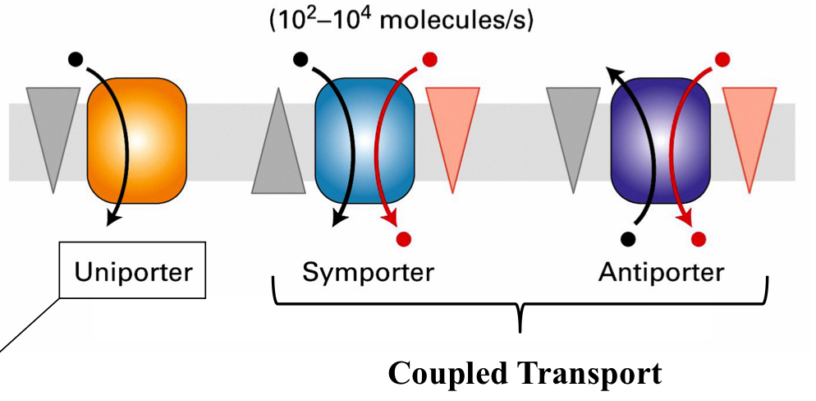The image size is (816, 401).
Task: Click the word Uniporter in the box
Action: pyautogui.click(x=133, y=272)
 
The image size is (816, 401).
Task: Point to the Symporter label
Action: pyautogui.click(x=368, y=272)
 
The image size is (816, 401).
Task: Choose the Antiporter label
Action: pyautogui.click(x=661, y=272)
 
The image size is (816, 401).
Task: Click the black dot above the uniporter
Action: pyautogui.click(x=76, y=59)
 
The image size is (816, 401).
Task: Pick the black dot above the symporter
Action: pyautogui.click(x=300, y=59)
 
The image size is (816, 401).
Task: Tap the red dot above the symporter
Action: pyautogui.click(x=429, y=59)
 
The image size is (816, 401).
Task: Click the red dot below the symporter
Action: pyautogui.click(x=404, y=238)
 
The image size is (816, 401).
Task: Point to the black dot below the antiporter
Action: pyautogui.click(x=629, y=238)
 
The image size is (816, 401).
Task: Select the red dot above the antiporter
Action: pyautogui.click(x=722, y=59)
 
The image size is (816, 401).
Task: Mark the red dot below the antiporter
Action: pyautogui.click(x=699, y=238)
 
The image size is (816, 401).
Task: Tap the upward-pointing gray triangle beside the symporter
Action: pyautogui.click(x=278, y=151)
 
